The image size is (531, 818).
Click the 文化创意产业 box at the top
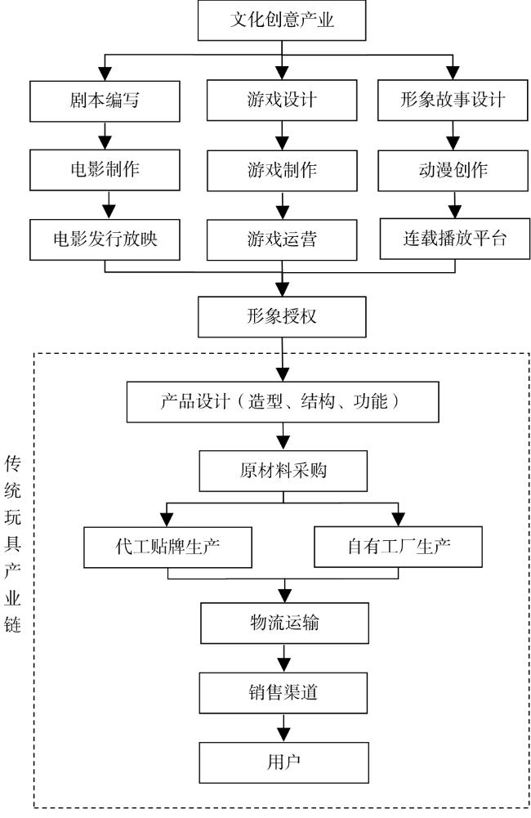pyautogui.click(x=282, y=20)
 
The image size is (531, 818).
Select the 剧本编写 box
pyautogui.click(x=105, y=101)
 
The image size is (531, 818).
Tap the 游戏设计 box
pyautogui.click(x=282, y=101)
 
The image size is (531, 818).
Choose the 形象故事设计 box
pyautogui.click(x=453, y=101)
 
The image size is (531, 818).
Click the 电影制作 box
pyautogui.click(x=105, y=170)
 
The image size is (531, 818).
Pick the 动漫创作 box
pyautogui.click(x=453, y=171)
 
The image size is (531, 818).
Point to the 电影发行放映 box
pyautogui.click(x=105, y=239)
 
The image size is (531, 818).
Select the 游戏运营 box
pyautogui.click(x=282, y=240)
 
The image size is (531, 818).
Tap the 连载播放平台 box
pyautogui.click(x=455, y=239)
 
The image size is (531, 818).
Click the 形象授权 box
pyautogui.click(x=282, y=317)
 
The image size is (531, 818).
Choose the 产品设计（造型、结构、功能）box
pyautogui.click(x=283, y=402)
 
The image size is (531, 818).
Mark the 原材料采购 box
pyautogui.click(x=283, y=471)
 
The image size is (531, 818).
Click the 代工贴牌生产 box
pyautogui.click(x=168, y=548)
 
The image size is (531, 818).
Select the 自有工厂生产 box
pyautogui.click(x=398, y=547)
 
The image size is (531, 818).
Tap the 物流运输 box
pyautogui.click(x=285, y=623)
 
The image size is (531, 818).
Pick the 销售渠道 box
pyautogui.click(x=283, y=693)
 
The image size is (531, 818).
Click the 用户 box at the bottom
pyautogui.click(x=283, y=762)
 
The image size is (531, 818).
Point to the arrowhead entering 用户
pyautogui.click(x=283, y=735)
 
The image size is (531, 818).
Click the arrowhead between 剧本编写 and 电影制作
pyautogui.click(x=105, y=142)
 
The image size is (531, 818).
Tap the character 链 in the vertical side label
pyautogui.click(x=12, y=624)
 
